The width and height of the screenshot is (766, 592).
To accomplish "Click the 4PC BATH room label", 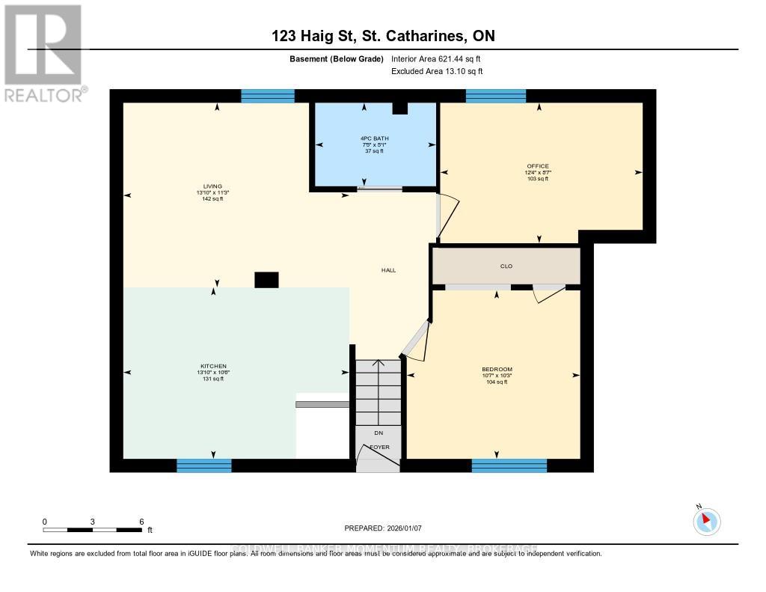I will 374,138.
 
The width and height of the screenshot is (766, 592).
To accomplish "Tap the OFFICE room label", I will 538,166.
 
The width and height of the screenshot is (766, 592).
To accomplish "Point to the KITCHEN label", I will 213,367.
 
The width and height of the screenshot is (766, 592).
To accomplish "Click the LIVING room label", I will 212,186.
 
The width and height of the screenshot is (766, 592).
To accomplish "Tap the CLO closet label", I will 506,266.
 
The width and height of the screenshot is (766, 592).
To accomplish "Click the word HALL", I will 388,270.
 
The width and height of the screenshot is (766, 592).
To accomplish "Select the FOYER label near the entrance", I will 379,447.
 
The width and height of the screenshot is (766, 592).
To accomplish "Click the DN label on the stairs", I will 379,433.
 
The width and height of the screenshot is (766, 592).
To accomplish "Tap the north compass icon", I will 706,521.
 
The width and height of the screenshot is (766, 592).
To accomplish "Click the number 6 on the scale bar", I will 141,522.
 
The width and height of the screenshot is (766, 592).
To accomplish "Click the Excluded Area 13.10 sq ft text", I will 437,71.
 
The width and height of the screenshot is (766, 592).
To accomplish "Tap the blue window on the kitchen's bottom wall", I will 203,466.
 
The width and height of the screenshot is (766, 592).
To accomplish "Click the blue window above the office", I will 496,96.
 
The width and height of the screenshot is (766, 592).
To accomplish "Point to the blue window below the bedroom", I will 509,466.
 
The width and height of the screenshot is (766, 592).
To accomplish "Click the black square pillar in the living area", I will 266,280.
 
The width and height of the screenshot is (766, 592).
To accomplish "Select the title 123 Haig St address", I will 382,36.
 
